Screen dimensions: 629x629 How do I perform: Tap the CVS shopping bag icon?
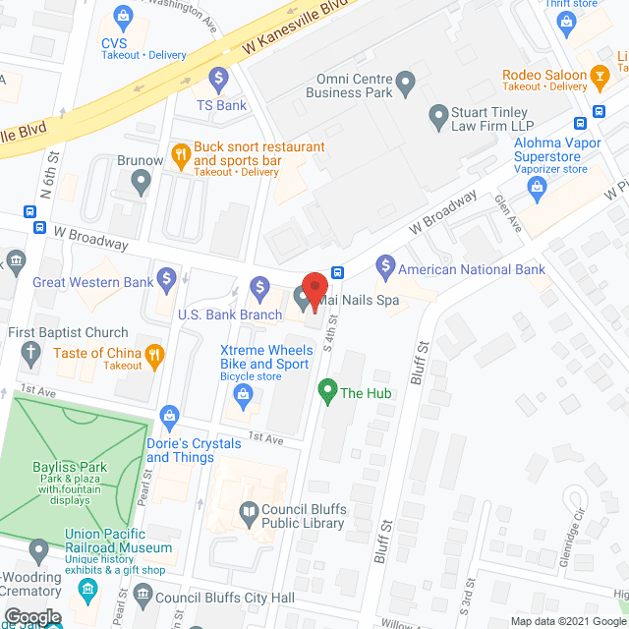pyautogui.click(x=123, y=16)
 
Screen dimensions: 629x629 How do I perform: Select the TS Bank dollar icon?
pyautogui.click(x=218, y=77)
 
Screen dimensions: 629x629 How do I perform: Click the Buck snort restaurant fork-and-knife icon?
pyautogui.click(x=180, y=153)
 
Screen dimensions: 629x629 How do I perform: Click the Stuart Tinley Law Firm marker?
pyautogui.click(x=439, y=118)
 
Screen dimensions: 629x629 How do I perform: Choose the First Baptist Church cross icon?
pyautogui.click(x=30, y=352)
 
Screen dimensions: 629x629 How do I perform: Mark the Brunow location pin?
pyautogui.click(x=141, y=180)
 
